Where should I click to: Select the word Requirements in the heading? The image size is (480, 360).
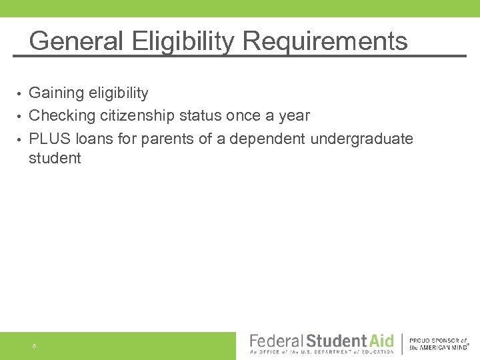coord(325,41)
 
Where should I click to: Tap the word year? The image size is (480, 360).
coord(294,115)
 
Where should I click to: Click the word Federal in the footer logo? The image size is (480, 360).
coord(276,342)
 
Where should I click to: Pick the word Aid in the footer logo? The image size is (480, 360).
coord(381,342)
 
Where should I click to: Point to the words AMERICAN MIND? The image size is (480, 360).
coord(444,347)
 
